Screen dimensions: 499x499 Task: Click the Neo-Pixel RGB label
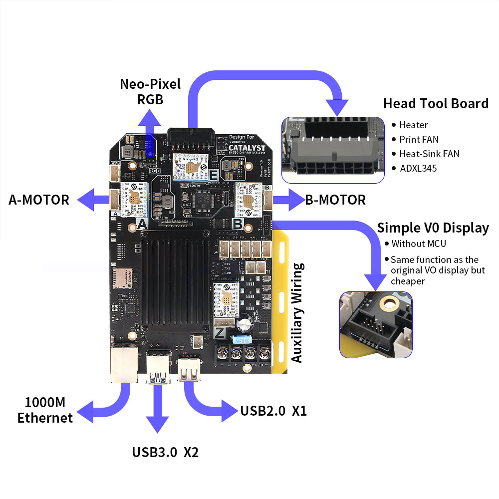150,91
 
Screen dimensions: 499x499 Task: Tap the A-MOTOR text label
39,200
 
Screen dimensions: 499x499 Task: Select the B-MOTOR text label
335,200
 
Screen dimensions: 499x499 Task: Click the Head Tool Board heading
436,104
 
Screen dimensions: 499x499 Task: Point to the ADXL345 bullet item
418,168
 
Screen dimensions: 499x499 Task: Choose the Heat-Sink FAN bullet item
429,154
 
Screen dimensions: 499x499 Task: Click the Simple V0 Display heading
433,228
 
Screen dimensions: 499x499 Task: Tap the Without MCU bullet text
419,244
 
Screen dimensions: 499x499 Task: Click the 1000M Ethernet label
45,410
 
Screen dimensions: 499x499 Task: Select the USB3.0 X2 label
165,453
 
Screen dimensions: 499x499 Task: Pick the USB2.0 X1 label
273,411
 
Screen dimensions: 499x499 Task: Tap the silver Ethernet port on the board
124,363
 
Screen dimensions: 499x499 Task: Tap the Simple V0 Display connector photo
376,325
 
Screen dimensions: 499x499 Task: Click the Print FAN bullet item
419,139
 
